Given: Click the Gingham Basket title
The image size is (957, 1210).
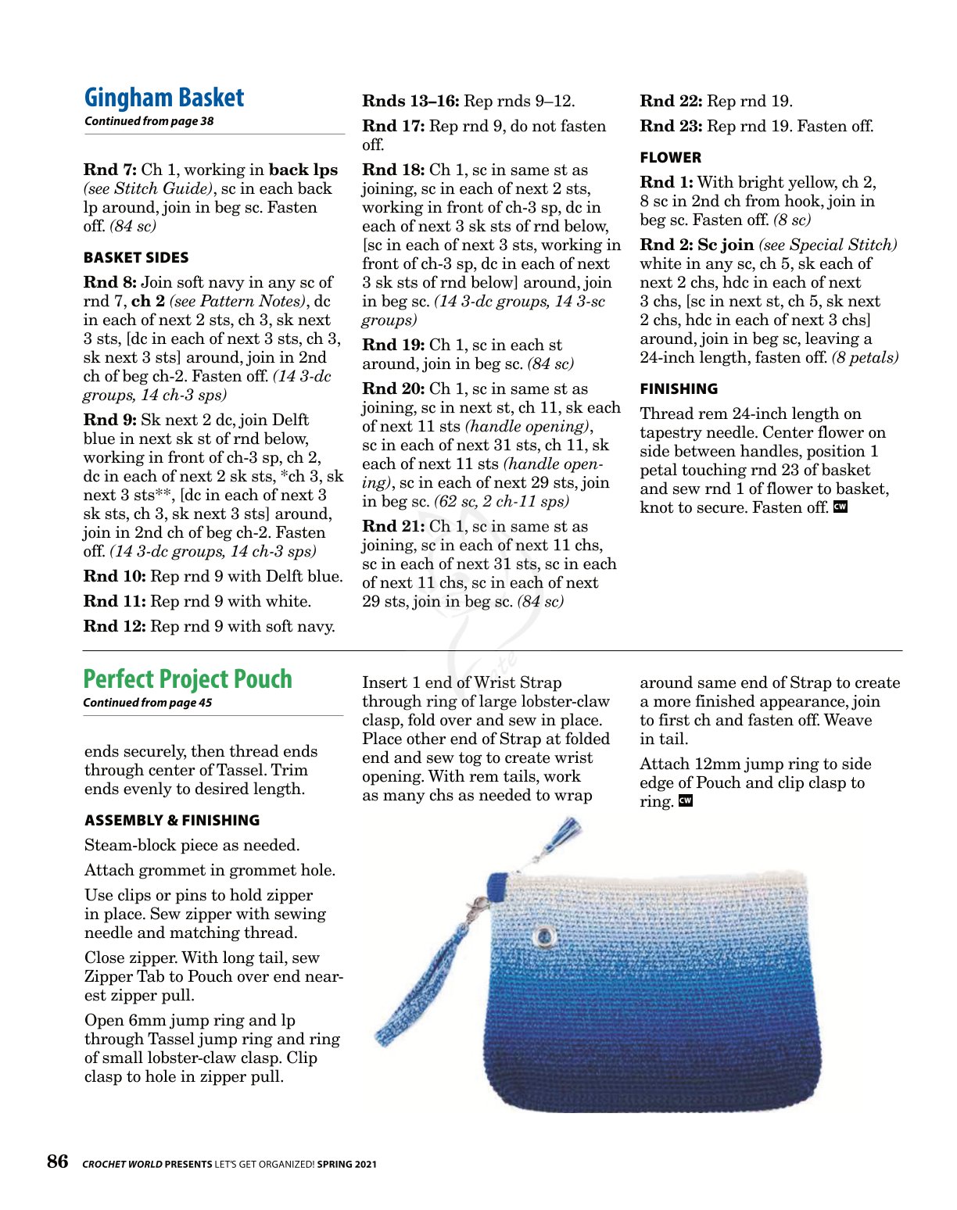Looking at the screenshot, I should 164,98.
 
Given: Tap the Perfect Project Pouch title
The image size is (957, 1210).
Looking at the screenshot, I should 188,679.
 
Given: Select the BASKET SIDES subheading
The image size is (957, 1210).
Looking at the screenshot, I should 136,258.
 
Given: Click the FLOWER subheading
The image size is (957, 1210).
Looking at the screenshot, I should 670,158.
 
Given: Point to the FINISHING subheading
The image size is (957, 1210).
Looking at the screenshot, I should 679,389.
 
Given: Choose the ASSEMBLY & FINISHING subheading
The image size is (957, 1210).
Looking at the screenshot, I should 172,821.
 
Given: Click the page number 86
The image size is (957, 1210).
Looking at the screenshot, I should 58,1162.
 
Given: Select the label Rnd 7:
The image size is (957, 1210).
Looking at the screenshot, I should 110,170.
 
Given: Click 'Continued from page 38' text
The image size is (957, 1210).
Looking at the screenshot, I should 149,121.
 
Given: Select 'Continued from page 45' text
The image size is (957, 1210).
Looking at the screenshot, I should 147,703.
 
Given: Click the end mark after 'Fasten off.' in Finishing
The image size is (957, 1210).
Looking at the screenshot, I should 841,507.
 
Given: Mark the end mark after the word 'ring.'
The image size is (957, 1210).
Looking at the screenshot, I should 685,801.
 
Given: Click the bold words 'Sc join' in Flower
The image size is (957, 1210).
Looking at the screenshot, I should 726,245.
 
